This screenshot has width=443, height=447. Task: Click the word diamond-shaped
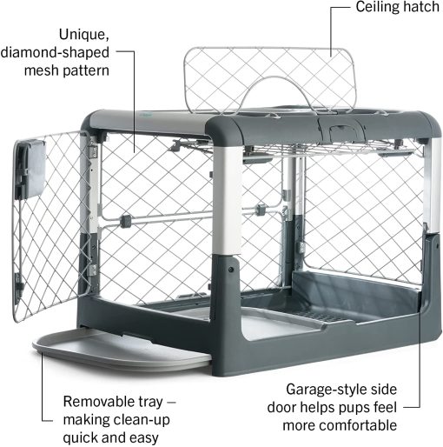(55, 53)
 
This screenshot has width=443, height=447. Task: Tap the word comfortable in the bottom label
(340, 425)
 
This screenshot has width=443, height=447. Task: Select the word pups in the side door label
(355, 408)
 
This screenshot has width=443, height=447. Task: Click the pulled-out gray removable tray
(122, 350)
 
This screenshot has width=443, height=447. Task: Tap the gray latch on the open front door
(30, 168)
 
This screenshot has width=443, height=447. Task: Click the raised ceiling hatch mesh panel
(270, 80)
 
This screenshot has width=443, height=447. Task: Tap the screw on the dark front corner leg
(231, 270)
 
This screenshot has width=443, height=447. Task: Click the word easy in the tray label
(143, 438)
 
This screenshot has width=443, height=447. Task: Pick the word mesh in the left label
(43, 70)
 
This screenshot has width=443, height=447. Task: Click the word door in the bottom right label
(281, 408)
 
